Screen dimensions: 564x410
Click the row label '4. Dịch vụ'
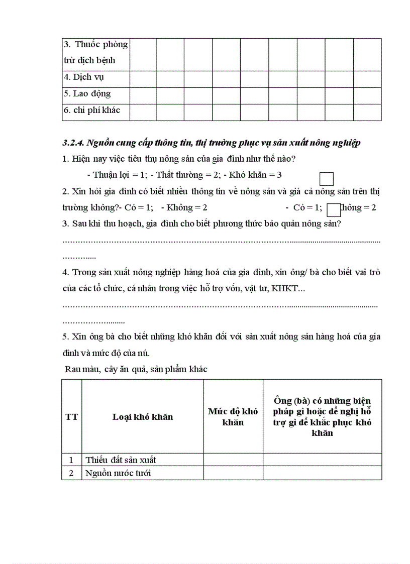[84, 77]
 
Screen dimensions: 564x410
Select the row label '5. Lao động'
[87, 94]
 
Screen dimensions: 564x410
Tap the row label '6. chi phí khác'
[91, 110]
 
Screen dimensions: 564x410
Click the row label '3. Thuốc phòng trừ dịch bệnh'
[95, 52]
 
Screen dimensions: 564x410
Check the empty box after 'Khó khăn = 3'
[327, 179]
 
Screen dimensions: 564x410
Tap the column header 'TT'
[72, 417]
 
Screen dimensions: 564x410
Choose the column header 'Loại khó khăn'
[143, 417]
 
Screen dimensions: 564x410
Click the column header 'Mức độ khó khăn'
[233, 417]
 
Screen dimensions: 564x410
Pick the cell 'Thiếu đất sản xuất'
[121, 460]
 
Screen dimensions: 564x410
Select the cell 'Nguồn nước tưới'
[118, 473]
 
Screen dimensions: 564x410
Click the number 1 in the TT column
[71, 460]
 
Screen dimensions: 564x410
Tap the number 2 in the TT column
[71, 473]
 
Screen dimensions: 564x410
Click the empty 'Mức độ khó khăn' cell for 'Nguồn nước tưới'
[233, 473]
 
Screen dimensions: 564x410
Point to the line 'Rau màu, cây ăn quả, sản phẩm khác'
[136, 369]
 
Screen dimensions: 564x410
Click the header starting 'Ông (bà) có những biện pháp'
[322, 416]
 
